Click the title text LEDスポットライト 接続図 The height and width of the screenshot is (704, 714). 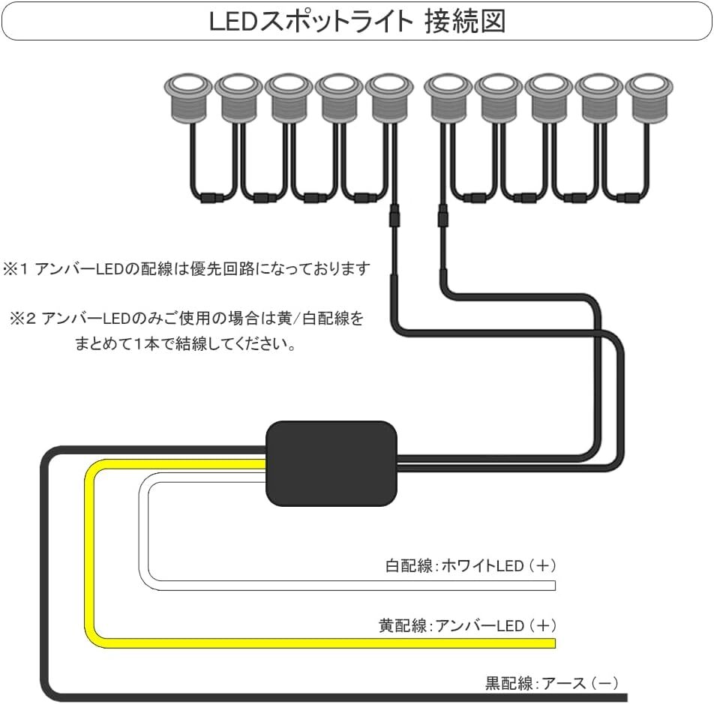pyautogui.click(x=358, y=22)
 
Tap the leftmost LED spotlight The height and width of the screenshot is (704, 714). pyautogui.click(x=188, y=100)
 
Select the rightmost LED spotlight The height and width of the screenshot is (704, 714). pyautogui.click(x=649, y=100)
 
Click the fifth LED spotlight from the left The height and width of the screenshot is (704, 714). pyautogui.click(x=389, y=100)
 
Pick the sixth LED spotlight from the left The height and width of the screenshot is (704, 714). pyautogui.click(x=448, y=100)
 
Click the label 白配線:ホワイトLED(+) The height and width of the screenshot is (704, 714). pyautogui.click(x=471, y=565)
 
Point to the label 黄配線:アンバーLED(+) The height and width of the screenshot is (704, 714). pyautogui.click(x=468, y=626)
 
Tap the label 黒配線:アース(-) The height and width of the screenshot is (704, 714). pyautogui.click(x=552, y=683)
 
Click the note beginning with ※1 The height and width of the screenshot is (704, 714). pyautogui.click(x=187, y=269)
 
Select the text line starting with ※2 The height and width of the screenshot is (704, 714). pyautogui.click(x=187, y=318)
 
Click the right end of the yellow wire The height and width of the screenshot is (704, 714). pyautogui.click(x=555, y=643)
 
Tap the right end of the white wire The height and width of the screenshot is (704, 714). pyautogui.click(x=555, y=586)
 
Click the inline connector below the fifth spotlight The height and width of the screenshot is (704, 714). pyautogui.click(x=394, y=216)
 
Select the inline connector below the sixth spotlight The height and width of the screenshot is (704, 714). pyautogui.click(x=442, y=216)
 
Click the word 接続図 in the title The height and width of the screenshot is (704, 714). pyautogui.click(x=465, y=22)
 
